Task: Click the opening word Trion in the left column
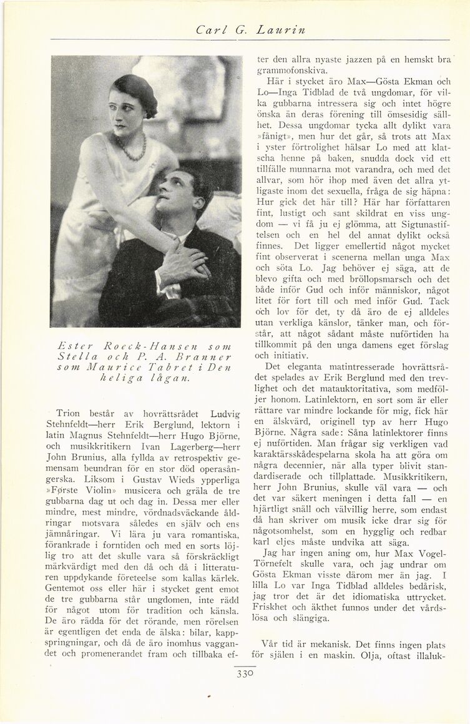point(69,413)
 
